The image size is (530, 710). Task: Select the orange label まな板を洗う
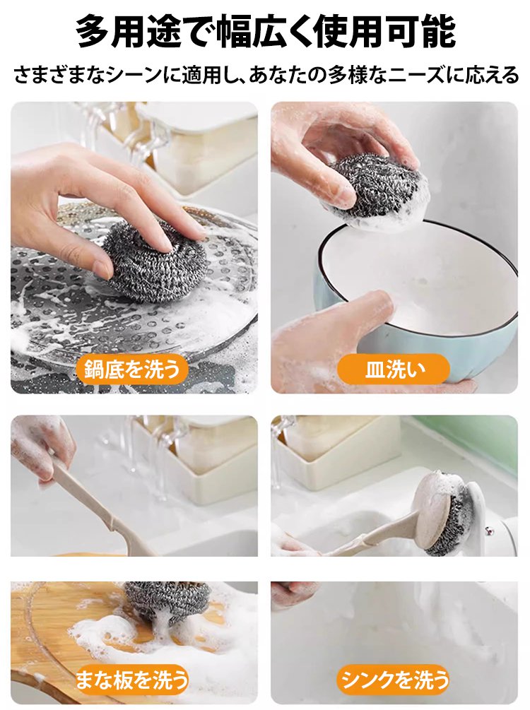point(132,679)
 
